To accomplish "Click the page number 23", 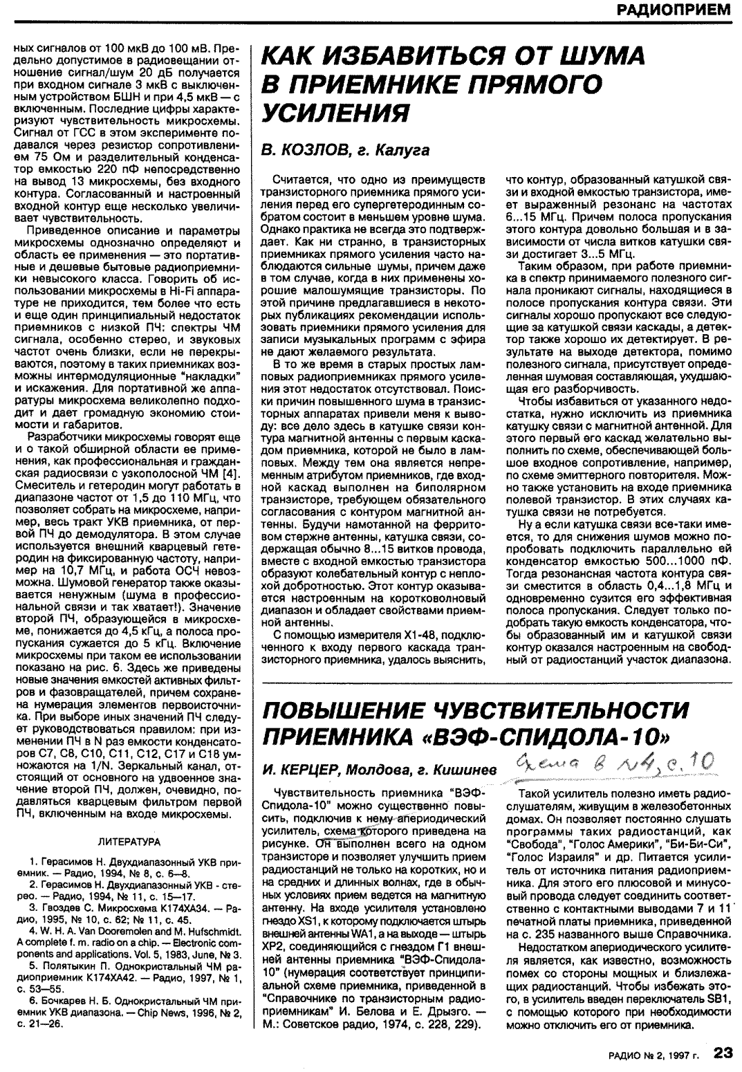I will click(723, 1053).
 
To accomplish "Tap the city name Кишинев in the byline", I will click(471, 770).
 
